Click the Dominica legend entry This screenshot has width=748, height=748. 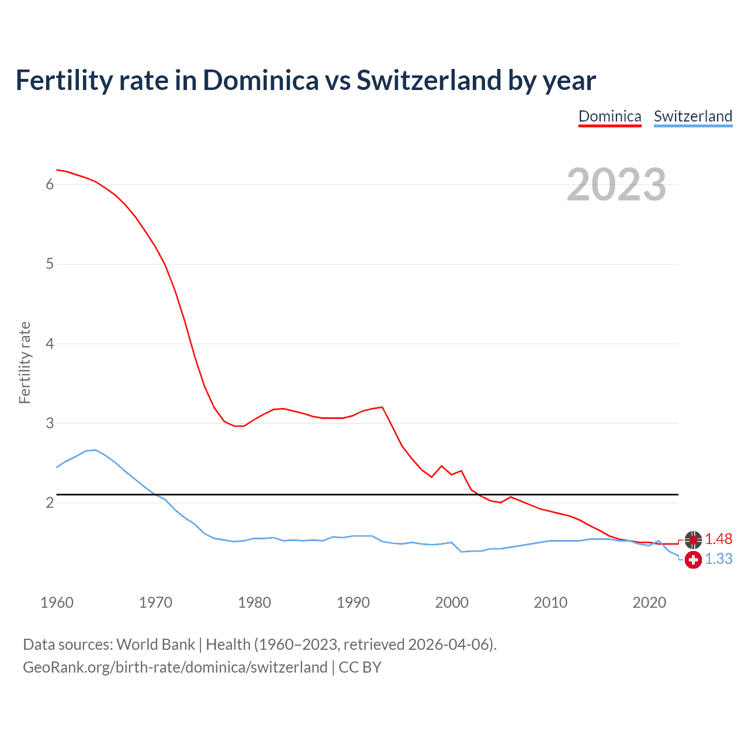[x=610, y=116]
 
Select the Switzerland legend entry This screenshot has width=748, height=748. [x=692, y=116]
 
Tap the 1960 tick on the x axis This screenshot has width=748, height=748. [x=57, y=602]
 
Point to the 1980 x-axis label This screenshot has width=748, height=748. [x=254, y=602]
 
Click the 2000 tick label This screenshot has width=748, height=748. [x=452, y=602]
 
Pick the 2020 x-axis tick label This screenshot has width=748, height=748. [x=649, y=602]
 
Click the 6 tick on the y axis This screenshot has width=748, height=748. [x=50, y=185]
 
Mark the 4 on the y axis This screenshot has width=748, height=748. [x=50, y=344]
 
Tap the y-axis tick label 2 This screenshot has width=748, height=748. [x=50, y=503]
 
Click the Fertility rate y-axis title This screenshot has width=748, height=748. [x=25, y=362]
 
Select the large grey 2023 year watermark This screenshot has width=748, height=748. [x=616, y=185]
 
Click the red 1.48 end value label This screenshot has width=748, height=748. [x=718, y=539]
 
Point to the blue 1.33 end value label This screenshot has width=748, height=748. [x=718, y=559]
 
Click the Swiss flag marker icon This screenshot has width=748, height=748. [x=693, y=560]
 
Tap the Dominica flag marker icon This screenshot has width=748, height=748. [x=693, y=540]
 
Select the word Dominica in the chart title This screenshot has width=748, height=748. [x=261, y=81]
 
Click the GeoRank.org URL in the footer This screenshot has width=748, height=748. [x=175, y=667]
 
